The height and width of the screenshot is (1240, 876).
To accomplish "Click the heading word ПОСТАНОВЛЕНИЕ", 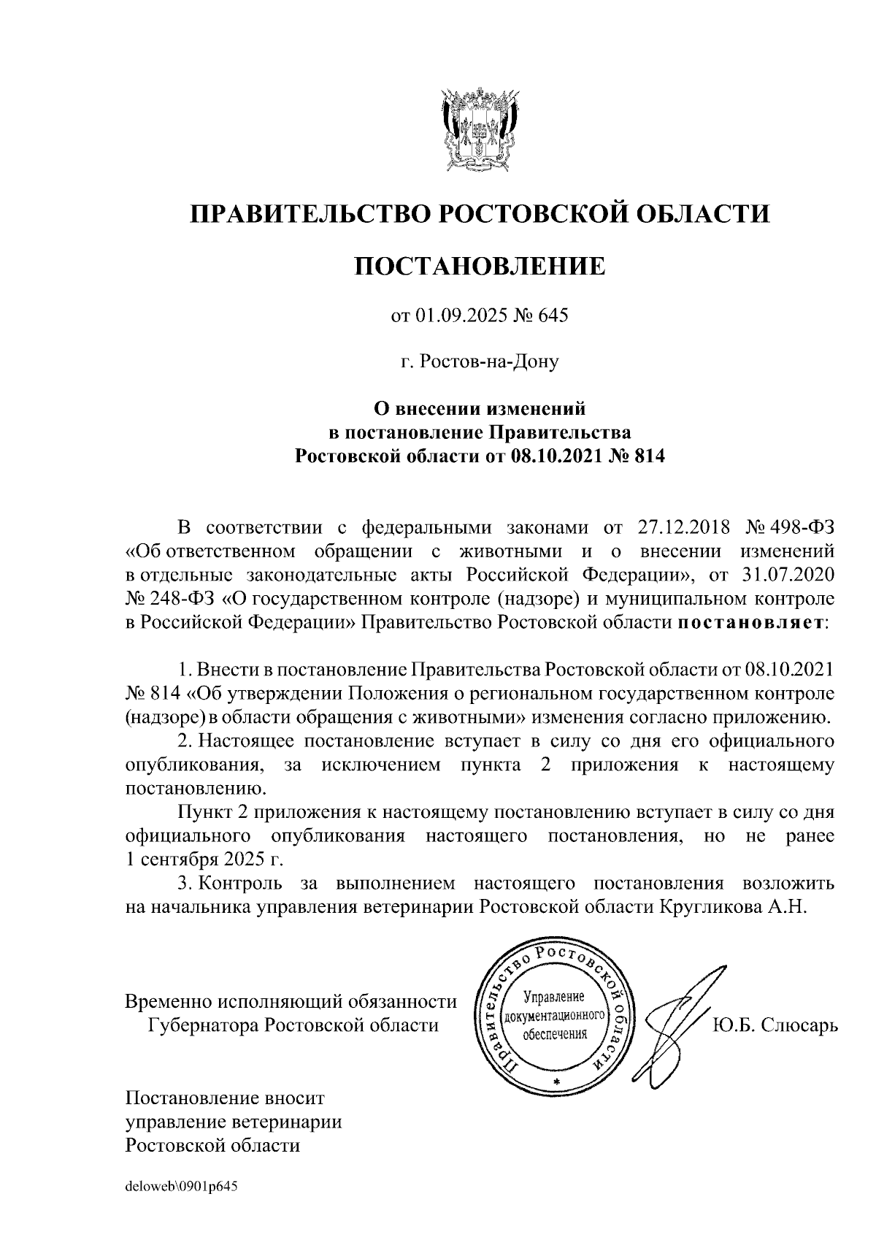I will pos(480,266).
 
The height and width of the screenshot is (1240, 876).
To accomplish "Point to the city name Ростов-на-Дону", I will pos(488,361).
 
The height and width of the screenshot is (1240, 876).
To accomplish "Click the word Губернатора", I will pos(204,1025).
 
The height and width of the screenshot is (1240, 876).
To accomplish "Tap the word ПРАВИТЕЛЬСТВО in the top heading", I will pos(306,214).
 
